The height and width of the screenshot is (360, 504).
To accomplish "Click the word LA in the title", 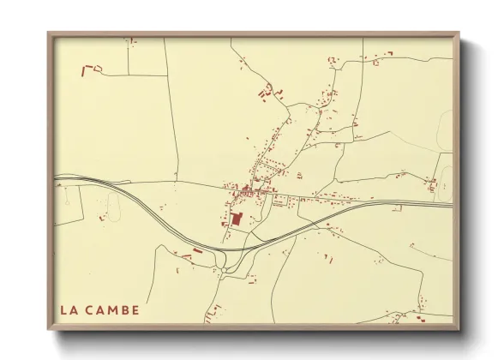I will pyautogui.click(x=69, y=309).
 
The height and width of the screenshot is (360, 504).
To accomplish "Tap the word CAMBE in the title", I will pyautogui.click(x=111, y=309).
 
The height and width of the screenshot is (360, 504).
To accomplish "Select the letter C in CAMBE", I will pyautogui.click(x=90, y=309).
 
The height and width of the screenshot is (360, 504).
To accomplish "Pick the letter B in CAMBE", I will pyautogui.click(x=123, y=309).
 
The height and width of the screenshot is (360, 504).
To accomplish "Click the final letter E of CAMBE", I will pyautogui.click(x=134, y=309).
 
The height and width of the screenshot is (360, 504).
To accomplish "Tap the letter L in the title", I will pyautogui.click(x=64, y=309).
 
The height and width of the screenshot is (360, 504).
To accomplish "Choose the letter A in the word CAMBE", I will pyautogui.click(x=100, y=309).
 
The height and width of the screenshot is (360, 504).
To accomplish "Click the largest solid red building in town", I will pyautogui.click(x=237, y=219).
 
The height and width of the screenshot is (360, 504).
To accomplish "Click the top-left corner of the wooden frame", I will pyautogui.click(x=48, y=33).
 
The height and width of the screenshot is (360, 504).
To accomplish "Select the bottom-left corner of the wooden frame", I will pyautogui.click(x=48, y=330).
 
